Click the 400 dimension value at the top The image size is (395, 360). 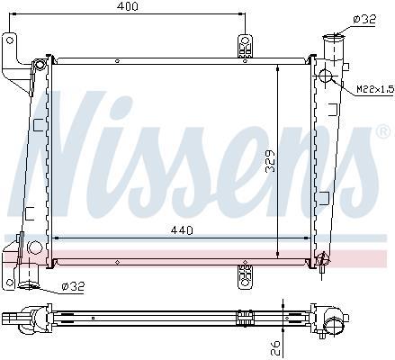[x=128, y=6]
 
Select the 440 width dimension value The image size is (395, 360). [x=182, y=230]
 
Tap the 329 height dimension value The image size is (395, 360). [x=271, y=161]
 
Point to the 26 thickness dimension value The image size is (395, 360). [x=276, y=347]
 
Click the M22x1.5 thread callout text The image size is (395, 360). [x=375, y=89]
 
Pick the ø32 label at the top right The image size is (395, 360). [x=364, y=20]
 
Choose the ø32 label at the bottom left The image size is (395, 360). [x=73, y=286]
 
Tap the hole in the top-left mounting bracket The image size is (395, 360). [x=10, y=40]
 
